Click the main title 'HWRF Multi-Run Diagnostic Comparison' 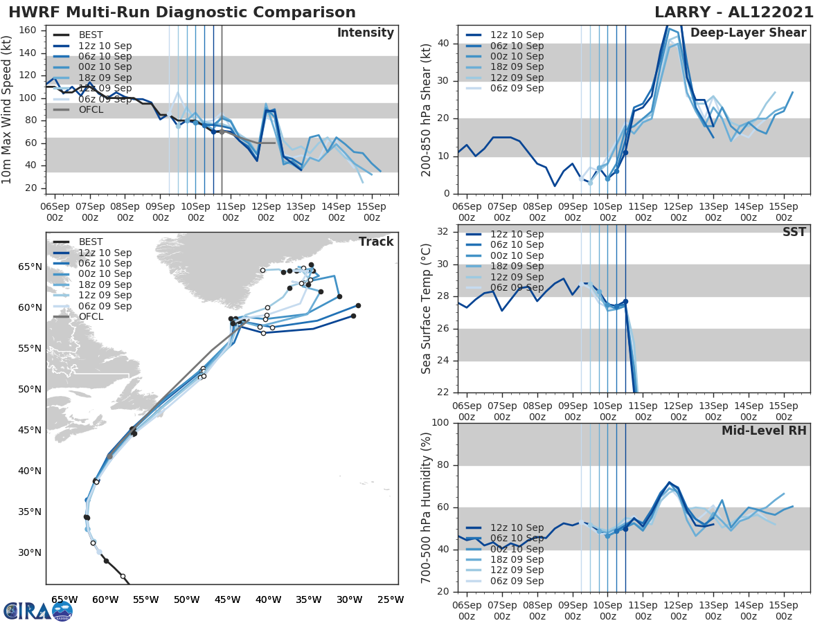182,12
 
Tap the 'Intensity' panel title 366,33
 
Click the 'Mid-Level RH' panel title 764,431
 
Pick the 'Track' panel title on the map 376,242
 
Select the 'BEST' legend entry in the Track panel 91,242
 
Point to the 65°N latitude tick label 28,267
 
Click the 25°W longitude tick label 390,599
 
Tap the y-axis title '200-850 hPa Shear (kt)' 427,109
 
